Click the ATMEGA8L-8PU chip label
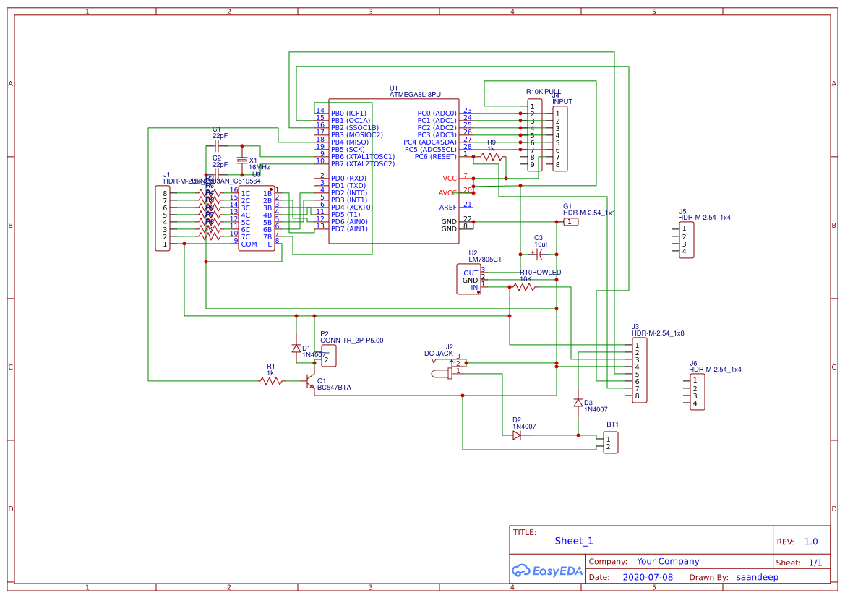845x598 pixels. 414,95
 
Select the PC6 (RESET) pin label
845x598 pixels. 435,157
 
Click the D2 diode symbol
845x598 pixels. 517,435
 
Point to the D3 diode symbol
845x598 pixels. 578,403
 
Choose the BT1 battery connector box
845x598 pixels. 611,443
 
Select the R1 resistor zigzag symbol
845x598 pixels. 271,380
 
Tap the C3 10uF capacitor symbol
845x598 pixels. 540,254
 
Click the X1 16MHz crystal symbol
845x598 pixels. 242,161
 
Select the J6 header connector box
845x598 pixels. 697,392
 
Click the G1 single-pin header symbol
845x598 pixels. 571,222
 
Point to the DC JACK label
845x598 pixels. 438,354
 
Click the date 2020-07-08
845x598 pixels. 647,577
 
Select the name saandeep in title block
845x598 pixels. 757,577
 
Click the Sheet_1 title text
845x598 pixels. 573,541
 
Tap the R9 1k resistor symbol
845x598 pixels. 492,156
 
